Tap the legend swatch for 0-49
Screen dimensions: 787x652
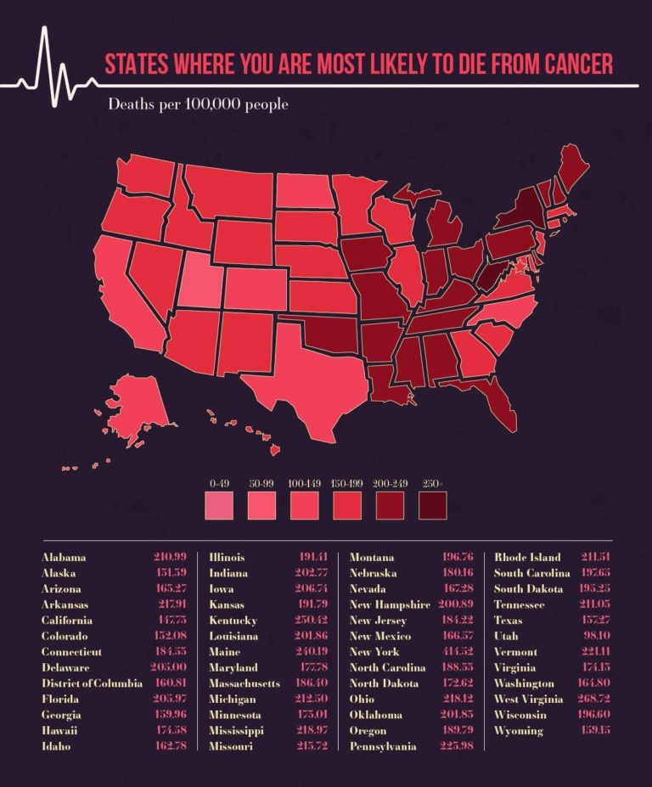219,506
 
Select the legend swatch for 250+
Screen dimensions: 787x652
433,506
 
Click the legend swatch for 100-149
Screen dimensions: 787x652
305,506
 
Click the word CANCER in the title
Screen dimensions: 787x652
570,65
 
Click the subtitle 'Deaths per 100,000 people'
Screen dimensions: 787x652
197,105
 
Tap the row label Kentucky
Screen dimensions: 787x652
233,621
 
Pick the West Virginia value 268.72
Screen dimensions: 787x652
597,700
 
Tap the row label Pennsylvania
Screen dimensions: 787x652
383,746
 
